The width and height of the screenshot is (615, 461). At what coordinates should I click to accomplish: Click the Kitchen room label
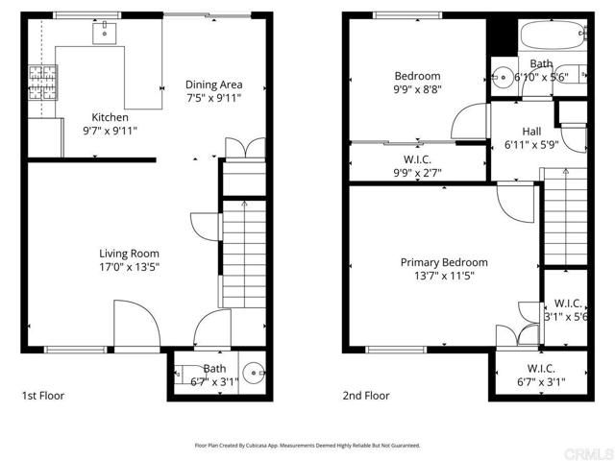[110, 117]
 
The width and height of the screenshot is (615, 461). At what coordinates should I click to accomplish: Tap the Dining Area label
[213, 85]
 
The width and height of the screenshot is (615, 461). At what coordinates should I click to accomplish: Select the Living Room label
[129, 254]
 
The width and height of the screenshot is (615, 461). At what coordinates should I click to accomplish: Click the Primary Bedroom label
[444, 262]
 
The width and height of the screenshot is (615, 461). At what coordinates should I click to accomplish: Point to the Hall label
[531, 132]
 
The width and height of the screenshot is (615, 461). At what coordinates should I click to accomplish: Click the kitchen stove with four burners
[43, 77]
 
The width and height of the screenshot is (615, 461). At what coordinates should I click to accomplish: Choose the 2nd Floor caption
[367, 395]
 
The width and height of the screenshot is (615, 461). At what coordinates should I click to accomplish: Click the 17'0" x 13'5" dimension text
[129, 267]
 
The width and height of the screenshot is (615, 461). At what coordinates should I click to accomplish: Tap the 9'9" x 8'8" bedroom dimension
[417, 90]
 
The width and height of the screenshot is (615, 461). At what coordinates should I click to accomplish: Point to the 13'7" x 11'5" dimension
[444, 276]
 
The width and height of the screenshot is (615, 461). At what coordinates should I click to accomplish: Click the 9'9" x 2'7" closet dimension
[417, 173]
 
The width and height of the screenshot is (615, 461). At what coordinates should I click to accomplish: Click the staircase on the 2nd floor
[563, 217]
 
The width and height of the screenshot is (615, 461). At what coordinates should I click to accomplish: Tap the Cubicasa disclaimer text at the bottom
[307, 446]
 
